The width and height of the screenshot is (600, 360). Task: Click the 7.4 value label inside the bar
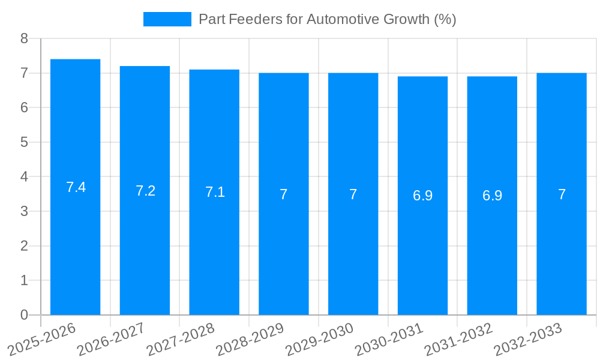[x=76, y=187]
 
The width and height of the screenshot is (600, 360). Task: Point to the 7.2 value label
[x=145, y=191]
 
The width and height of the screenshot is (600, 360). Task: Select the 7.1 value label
[x=215, y=192]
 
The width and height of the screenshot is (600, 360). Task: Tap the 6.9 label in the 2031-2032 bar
[x=492, y=196]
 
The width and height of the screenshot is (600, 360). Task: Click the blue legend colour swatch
[x=167, y=19]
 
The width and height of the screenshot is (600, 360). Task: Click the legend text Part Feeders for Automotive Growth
[x=328, y=19]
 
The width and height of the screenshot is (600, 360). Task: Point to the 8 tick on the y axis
[x=24, y=38]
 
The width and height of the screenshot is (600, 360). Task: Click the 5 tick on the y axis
[x=24, y=142]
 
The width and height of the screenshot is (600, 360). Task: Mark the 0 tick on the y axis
[x=24, y=315]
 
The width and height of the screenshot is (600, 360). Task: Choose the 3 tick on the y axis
[x=24, y=211]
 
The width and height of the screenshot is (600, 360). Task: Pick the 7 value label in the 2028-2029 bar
[x=284, y=194]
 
